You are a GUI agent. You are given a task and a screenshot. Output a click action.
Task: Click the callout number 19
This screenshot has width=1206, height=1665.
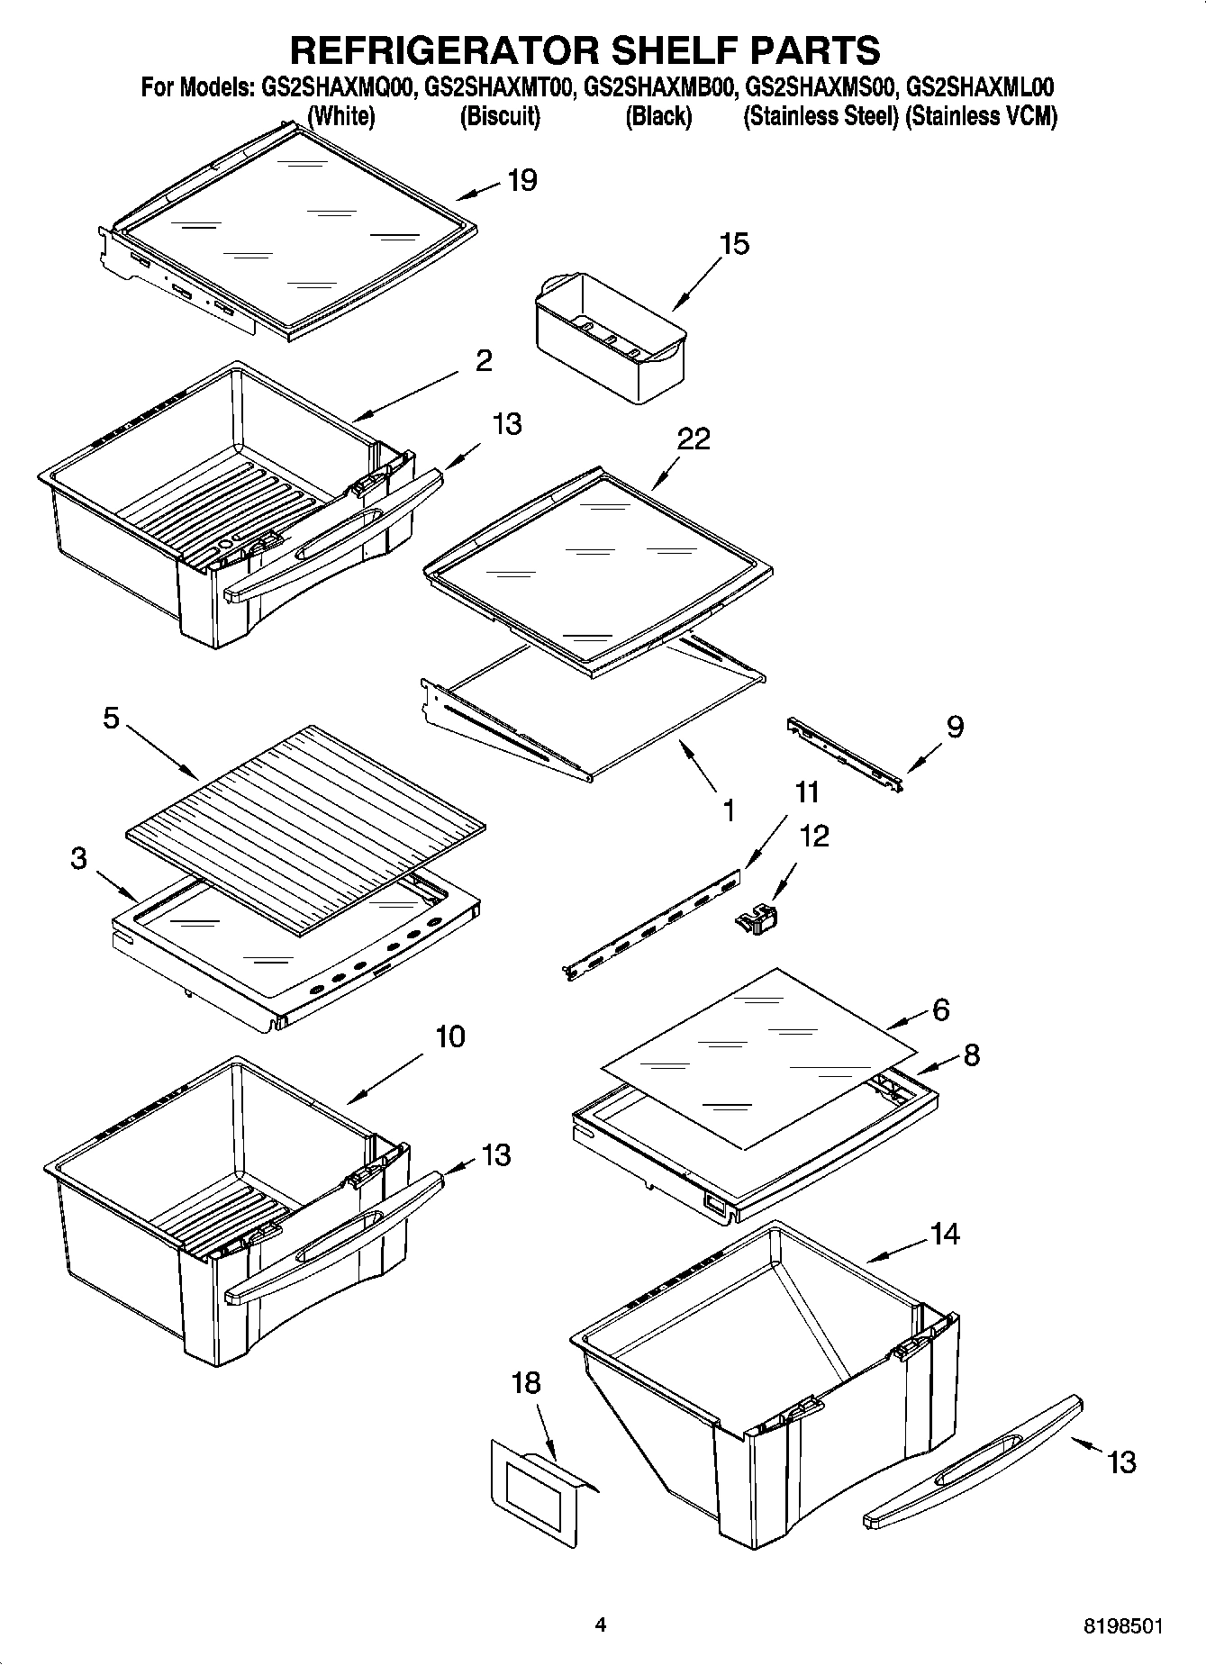[x=521, y=180]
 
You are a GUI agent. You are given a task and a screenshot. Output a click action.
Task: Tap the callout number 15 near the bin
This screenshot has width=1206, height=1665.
[x=734, y=244]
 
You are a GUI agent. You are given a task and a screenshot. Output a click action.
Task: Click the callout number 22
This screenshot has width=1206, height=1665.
[x=694, y=439]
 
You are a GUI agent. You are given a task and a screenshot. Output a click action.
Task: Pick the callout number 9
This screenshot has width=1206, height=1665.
[x=955, y=727]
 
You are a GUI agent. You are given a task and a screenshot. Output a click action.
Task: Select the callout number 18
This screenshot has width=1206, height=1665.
[x=526, y=1382]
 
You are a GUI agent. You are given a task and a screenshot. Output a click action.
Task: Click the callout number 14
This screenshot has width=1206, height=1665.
[x=944, y=1234]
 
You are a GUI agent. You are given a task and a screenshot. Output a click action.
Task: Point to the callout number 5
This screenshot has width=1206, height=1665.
[x=111, y=719]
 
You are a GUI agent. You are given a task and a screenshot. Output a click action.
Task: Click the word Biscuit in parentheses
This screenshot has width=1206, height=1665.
[x=500, y=116]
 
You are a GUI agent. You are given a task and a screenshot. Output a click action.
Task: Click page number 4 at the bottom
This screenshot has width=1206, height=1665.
[x=601, y=1625]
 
